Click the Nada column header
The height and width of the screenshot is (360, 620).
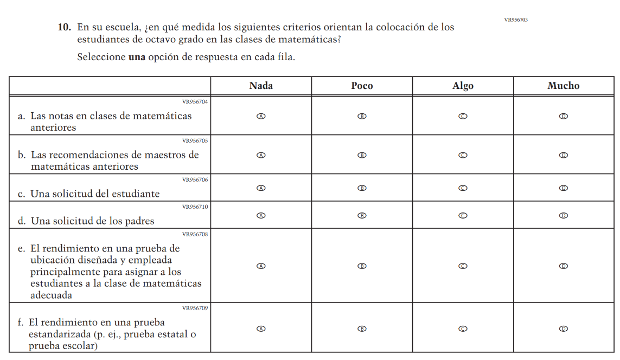(x=261, y=86)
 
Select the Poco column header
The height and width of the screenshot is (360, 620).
(x=362, y=86)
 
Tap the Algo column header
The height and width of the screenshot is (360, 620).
(x=463, y=86)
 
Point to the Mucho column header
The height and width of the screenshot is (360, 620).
(x=564, y=86)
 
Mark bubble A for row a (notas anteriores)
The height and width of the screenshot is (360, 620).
(x=261, y=117)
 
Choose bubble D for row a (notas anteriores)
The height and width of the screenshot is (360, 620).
(x=564, y=117)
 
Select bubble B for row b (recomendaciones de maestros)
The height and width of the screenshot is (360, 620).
(x=362, y=155)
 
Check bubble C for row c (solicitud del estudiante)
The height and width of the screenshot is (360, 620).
(x=463, y=188)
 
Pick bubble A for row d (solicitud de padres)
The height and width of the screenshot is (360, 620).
(x=261, y=215)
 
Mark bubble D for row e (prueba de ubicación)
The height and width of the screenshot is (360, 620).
(x=564, y=266)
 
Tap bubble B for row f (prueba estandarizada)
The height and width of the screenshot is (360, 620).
(x=362, y=329)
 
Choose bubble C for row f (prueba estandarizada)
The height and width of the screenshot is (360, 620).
(x=463, y=329)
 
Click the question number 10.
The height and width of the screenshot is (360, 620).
(x=64, y=27)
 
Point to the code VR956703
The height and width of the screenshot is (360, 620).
(x=515, y=20)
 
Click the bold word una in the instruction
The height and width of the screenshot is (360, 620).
(x=137, y=57)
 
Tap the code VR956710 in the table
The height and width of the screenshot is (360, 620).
(x=195, y=207)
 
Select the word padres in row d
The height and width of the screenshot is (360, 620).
(x=138, y=221)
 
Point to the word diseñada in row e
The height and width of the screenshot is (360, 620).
(x=84, y=260)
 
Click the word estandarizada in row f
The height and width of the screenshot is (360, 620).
(x=59, y=335)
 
